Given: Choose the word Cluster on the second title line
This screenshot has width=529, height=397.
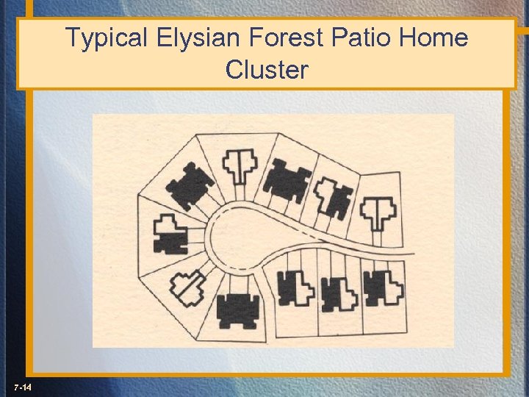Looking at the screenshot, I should (x=267, y=71).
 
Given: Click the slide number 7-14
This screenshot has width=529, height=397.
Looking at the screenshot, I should (x=21, y=387).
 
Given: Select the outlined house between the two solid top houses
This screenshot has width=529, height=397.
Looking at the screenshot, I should (x=240, y=165).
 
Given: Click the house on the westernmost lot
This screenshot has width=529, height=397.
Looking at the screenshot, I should (x=170, y=235).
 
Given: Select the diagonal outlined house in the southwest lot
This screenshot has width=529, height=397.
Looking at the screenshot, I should (x=189, y=287).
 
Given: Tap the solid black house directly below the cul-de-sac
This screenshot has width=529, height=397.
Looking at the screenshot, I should (x=238, y=310).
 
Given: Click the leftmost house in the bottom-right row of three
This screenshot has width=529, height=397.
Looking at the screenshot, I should (x=295, y=288).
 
